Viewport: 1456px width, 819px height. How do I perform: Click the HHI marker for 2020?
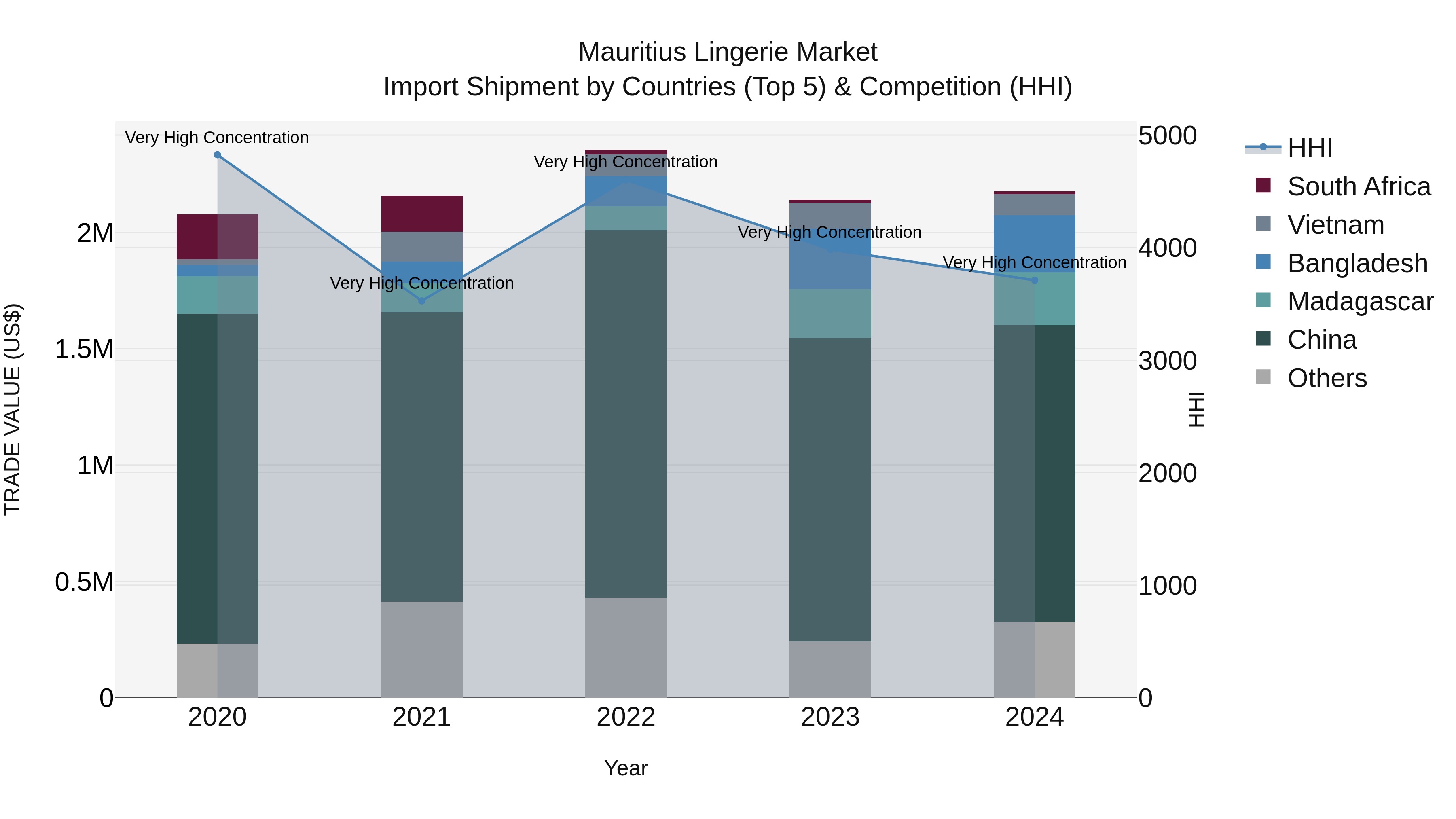point(218,155)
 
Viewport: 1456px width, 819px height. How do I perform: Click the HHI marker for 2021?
point(422,301)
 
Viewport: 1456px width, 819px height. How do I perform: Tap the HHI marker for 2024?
point(1034,280)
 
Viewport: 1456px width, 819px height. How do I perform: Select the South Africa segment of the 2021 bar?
point(422,214)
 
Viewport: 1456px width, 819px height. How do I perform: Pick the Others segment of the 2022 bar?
point(626,647)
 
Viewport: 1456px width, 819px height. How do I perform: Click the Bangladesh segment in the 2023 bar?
point(830,266)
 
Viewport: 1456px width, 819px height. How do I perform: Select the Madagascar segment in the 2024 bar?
point(1034,299)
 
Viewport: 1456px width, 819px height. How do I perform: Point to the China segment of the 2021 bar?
point(422,457)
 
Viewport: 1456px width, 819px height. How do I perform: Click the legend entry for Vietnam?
point(1335,225)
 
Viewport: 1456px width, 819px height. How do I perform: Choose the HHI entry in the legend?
point(1310,148)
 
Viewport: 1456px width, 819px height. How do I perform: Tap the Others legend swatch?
point(1263,377)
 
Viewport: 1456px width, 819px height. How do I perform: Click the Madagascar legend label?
point(1360,301)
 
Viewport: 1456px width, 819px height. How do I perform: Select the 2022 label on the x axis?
point(626,717)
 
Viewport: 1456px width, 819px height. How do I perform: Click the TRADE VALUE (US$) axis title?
point(13,409)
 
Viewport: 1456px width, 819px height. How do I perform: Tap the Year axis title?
point(626,768)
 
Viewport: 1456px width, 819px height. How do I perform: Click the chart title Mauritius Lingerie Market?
point(728,52)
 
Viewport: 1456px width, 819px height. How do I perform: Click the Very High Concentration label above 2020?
point(217,138)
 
